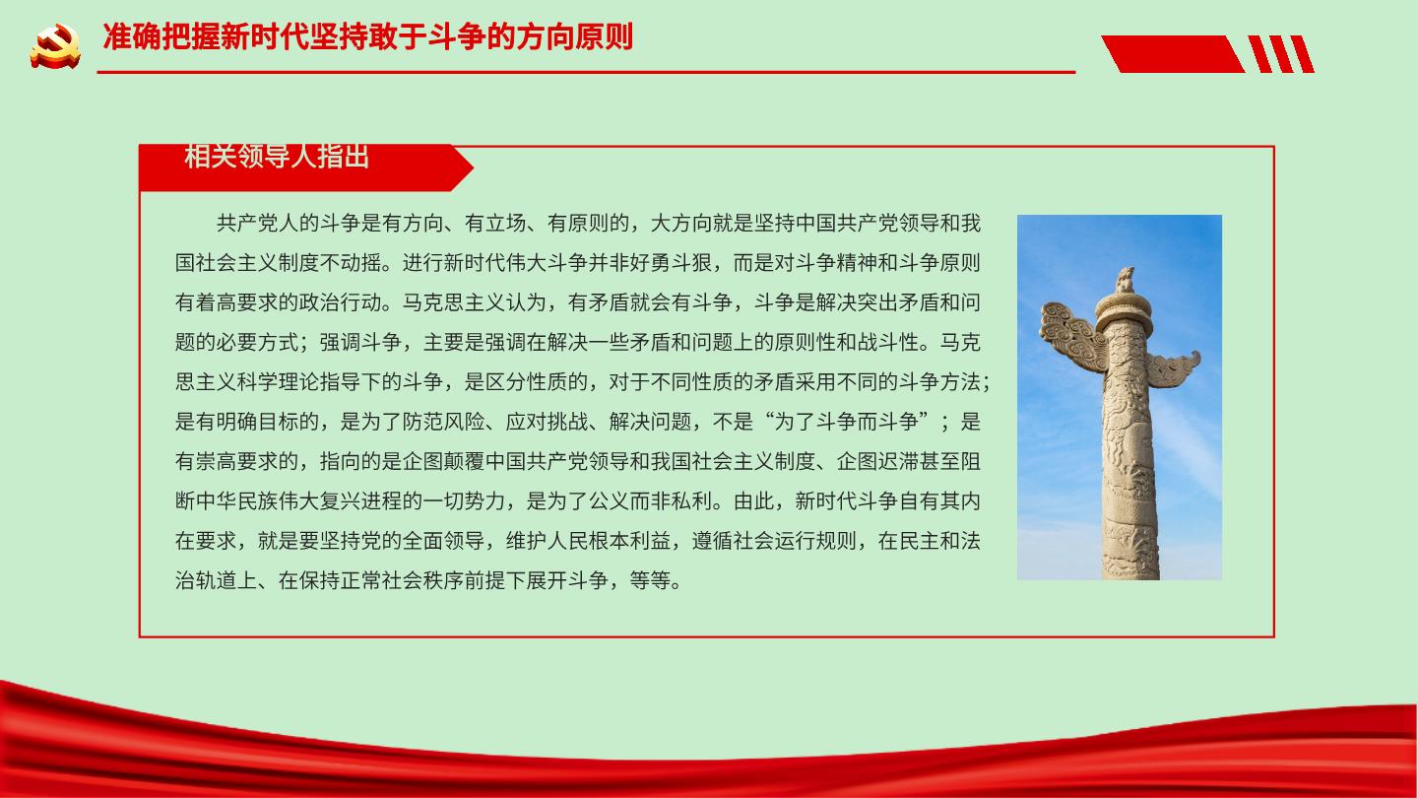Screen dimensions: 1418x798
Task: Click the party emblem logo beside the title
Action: point(55,46)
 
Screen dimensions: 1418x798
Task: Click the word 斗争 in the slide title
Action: point(456,36)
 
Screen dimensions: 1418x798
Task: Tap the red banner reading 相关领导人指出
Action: point(305,167)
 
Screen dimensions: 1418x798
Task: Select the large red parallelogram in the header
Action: point(1173,54)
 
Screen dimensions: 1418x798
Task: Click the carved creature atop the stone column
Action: point(1125,280)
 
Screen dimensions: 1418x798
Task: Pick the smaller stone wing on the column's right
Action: point(1173,368)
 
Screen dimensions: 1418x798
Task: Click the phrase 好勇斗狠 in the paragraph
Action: point(671,263)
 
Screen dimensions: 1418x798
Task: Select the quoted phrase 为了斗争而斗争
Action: point(846,422)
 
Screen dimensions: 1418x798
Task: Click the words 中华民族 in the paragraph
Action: point(237,501)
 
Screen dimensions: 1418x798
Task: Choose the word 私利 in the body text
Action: point(691,501)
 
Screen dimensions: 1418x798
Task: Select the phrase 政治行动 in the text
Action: point(341,302)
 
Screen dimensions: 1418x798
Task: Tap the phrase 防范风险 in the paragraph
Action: point(444,422)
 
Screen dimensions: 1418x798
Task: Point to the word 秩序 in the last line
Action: point(444,581)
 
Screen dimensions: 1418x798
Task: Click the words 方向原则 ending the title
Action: point(573,36)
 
